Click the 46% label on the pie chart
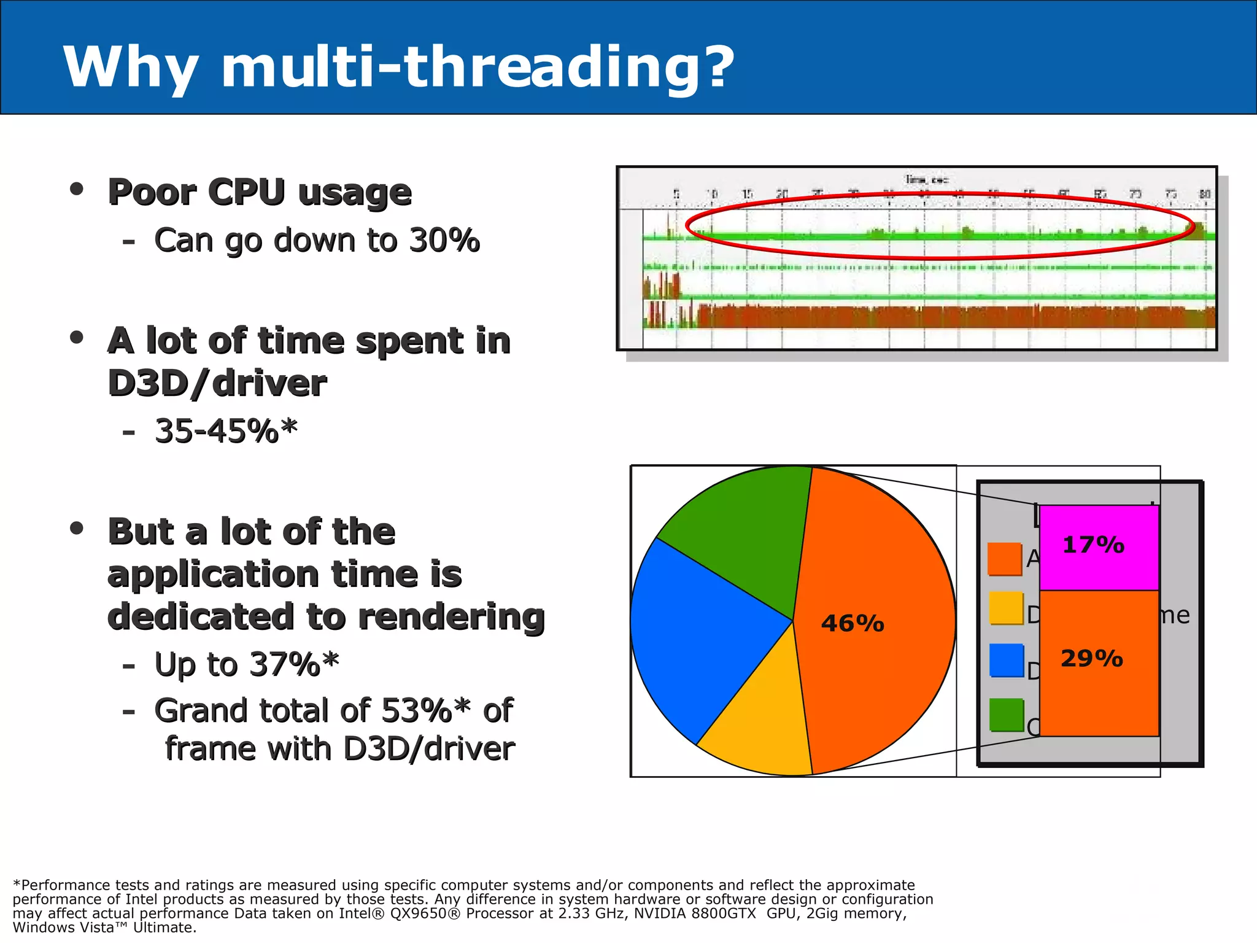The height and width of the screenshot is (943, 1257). [x=853, y=624]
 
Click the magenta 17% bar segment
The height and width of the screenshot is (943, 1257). [x=1099, y=546]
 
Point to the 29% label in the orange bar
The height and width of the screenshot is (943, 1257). [x=1092, y=659]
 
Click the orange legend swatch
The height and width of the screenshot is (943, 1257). [x=1004, y=559]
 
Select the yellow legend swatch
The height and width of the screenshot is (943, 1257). [x=1006, y=608]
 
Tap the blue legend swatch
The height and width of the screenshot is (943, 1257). [x=1007, y=660]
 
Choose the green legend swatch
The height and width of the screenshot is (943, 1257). [x=1007, y=715]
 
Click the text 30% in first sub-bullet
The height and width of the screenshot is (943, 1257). [x=444, y=240]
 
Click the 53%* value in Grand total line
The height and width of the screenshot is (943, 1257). [x=426, y=711]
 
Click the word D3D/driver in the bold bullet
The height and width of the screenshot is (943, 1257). [x=217, y=384]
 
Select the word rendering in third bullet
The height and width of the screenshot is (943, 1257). [x=451, y=616]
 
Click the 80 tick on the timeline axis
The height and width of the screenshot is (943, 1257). [x=1205, y=194]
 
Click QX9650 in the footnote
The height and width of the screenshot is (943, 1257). [x=427, y=914]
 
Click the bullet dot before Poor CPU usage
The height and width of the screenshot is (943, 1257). [x=77, y=189]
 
